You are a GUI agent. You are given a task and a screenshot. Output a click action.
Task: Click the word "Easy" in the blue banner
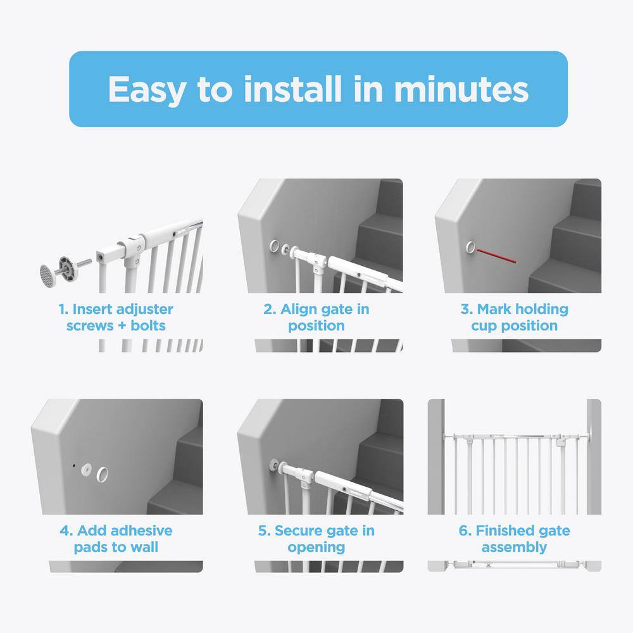click(147, 90)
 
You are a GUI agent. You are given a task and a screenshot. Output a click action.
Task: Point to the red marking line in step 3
click(496, 256)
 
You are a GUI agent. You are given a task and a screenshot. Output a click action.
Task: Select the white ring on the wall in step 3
click(470, 247)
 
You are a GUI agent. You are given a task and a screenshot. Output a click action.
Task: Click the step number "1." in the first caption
click(64, 310)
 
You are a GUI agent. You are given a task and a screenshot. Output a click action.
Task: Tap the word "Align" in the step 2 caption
click(299, 310)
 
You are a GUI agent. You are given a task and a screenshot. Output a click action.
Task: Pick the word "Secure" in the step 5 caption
click(297, 530)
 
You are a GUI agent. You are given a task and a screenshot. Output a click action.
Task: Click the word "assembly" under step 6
click(514, 548)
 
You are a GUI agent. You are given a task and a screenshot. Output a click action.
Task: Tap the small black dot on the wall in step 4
click(73, 465)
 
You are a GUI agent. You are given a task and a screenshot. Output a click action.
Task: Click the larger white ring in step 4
click(102, 474)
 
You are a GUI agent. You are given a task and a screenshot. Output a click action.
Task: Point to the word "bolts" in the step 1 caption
click(147, 325)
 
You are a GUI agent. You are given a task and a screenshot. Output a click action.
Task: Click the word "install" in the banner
click(292, 89)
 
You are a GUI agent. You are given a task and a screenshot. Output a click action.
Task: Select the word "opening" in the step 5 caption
click(316, 548)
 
